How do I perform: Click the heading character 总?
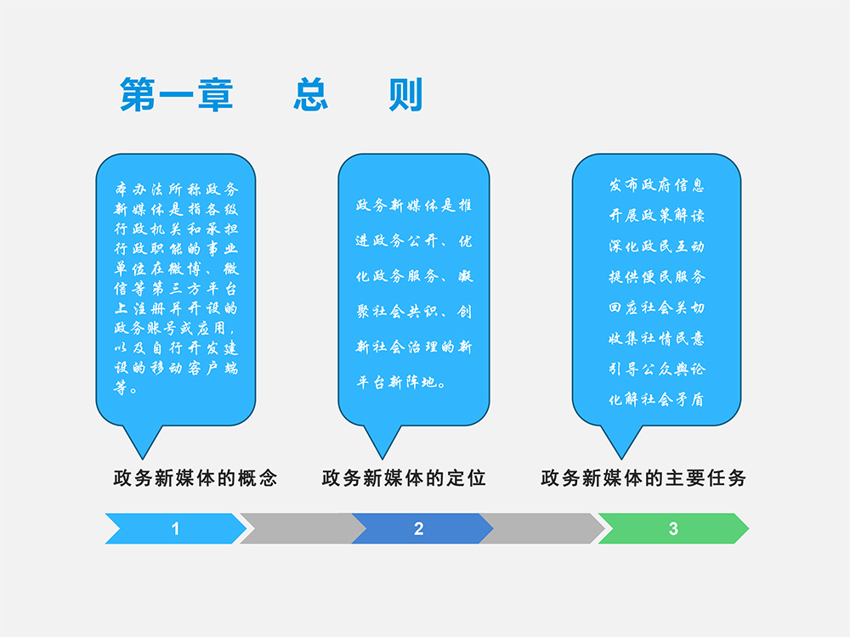(x=311, y=94)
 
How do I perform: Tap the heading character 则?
(x=405, y=94)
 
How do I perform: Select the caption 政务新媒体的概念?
(x=195, y=478)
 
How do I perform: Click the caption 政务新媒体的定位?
(x=404, y=478)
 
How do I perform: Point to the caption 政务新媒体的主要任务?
(x=643, y=478)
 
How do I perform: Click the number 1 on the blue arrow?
(x=175, y=528)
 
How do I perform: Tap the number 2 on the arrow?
(x=418, y=528)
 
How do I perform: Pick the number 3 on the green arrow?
(x=673, y=528)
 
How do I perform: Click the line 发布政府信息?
(x=656, y=185)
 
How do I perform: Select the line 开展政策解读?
(x=656, y=216)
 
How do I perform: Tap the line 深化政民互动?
(x=656, y=246)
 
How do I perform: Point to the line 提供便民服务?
(x=656, y=277)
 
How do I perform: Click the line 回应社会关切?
(x=656, y=307)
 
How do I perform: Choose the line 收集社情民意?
(x=656, y=338)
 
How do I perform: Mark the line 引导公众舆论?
(x=656, y=369)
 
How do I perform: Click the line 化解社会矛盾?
(x=656, y=399)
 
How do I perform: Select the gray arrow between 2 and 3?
(x=544, y=528)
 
